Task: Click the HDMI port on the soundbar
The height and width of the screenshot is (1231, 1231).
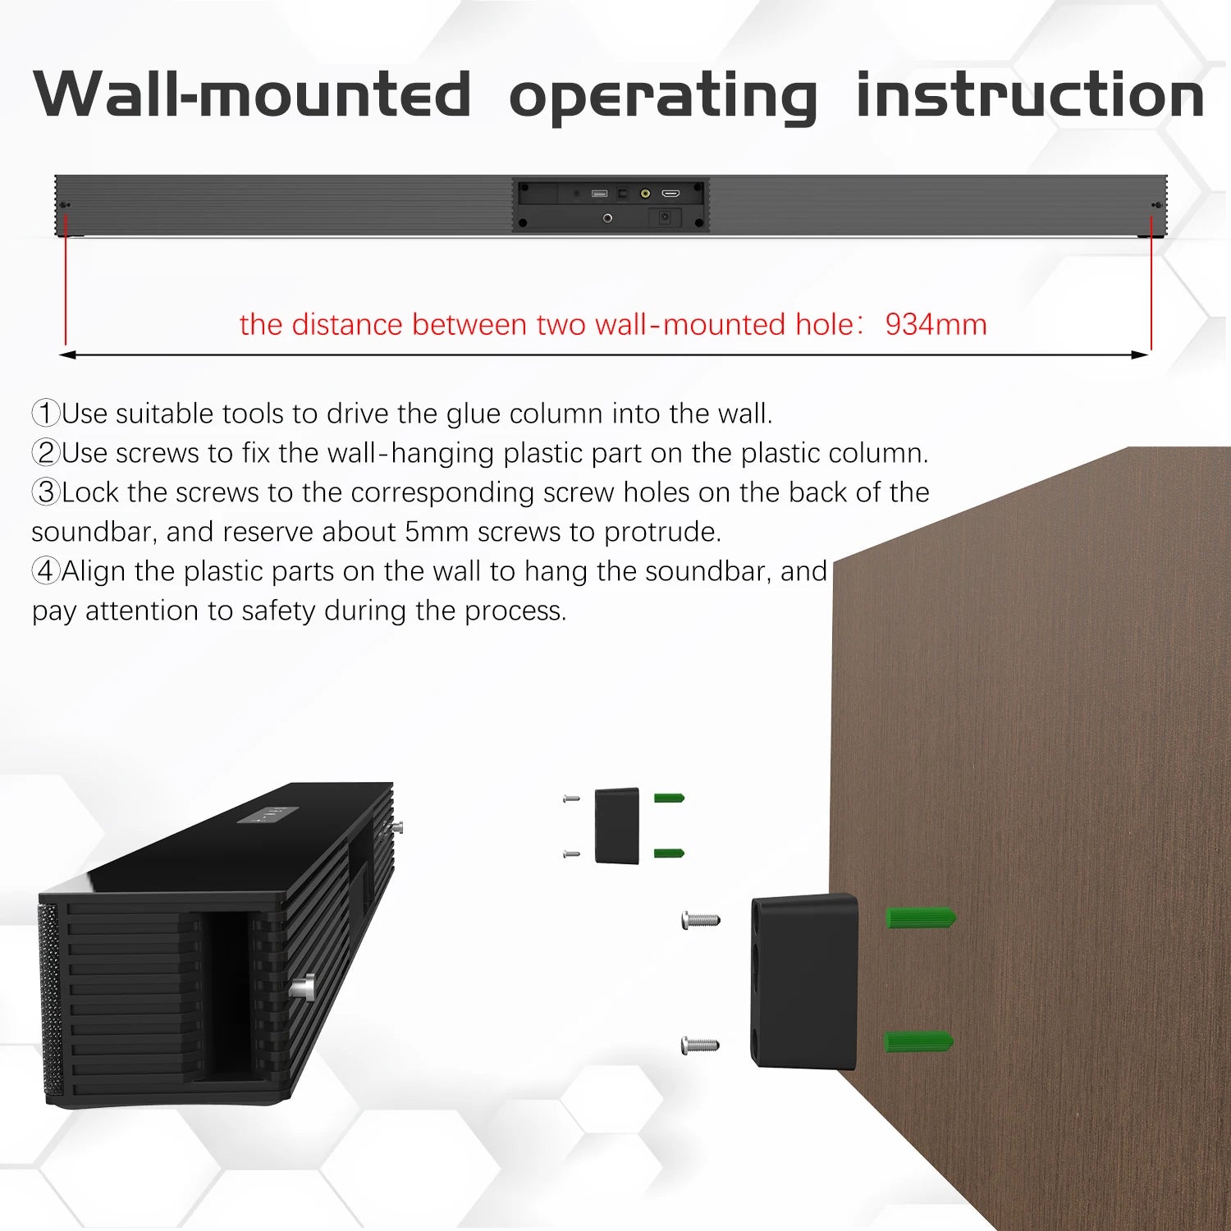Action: pyautogui.click(x=670, y=194)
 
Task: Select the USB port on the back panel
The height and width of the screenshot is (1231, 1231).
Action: pyautogui.click(x=599, y=194)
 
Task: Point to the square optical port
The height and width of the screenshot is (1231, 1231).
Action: pyautogui.click(x=622, y=194)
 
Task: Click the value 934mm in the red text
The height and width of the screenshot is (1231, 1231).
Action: pyautogui.click(x=936, y=324)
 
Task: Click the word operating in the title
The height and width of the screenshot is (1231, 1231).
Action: pyautogui.click(x=663, y=97)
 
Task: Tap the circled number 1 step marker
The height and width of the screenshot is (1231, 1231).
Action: pyautogui.click(x=46, y=413)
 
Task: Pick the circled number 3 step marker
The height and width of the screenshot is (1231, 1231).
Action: pyautogui.click(x=46, y=492)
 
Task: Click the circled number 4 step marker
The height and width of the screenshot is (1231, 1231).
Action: pyautogui.click(x=46, y=570)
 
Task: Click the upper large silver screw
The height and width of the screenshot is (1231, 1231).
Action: pyautogui.click(x=701, y=921)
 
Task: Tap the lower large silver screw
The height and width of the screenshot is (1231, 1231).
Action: pyautogui.click(x=700, y=1046)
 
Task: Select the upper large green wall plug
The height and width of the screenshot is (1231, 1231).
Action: pyautogui.click(x=921, y=918)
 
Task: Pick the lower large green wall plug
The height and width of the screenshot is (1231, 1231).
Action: pyautogui.click(x=919, y=1042)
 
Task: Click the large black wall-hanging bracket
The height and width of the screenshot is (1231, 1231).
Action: pyautogui.click(x=804, y=982)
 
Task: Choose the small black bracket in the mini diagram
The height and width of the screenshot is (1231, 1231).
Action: pyautogui.click(x=616, y=826)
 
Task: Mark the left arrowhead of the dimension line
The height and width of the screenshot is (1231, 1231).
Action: pyautogui.click(x=67, y=355)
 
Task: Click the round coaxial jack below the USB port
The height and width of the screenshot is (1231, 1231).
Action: pyautogui.click(x=607, y=218)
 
